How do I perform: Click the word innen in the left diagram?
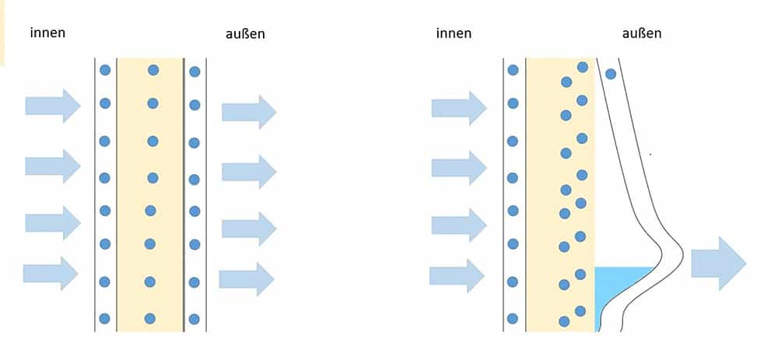coord(47,33)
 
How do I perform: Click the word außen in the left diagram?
coord(245,33)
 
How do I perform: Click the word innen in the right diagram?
coord(454,33)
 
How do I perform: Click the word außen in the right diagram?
coord(642,33)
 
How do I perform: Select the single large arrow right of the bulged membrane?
coord(718,264)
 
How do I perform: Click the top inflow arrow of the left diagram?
coord(53,106)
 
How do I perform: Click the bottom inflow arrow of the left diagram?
coord(51,274)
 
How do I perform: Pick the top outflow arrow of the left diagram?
coord(249,112)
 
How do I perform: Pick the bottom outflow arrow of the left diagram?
coord(247,280)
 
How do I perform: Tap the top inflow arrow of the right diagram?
coord(459,108)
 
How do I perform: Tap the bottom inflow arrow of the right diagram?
coord(457,276)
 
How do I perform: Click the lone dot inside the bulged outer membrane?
coord(611,74)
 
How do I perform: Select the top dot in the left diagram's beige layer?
coord(153,71)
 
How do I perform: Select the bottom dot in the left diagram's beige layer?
coord(150,319)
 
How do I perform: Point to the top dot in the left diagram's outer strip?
coord(194,72)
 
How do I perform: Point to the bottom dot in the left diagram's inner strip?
coord(104,319)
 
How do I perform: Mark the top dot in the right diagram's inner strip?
coord(513,71)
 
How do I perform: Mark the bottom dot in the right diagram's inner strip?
coord(513,319)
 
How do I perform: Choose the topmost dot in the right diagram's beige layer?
coord(583,67)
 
